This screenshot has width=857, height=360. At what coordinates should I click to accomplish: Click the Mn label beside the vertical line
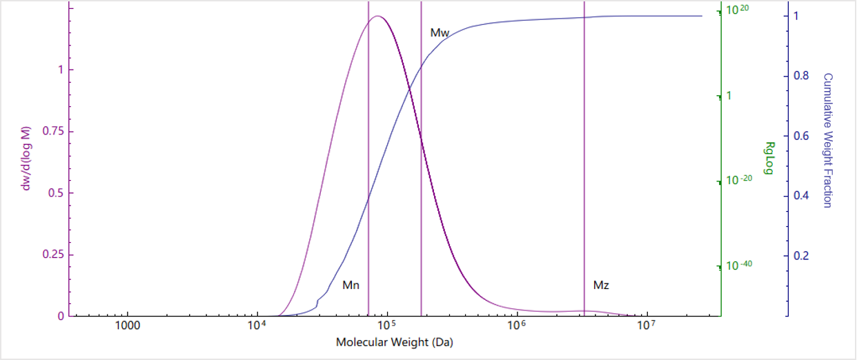tap(351, 284)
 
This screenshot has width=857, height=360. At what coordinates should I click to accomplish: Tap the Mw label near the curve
tap(440, 32)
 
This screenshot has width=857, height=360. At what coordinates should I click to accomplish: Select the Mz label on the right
tap(601, 284)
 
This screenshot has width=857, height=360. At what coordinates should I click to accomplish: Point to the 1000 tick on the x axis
tap(127, 326)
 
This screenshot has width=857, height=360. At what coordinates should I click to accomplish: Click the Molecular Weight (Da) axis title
tap(395, 342)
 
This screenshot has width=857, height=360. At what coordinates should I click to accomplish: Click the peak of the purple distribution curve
tap(377, 16)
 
